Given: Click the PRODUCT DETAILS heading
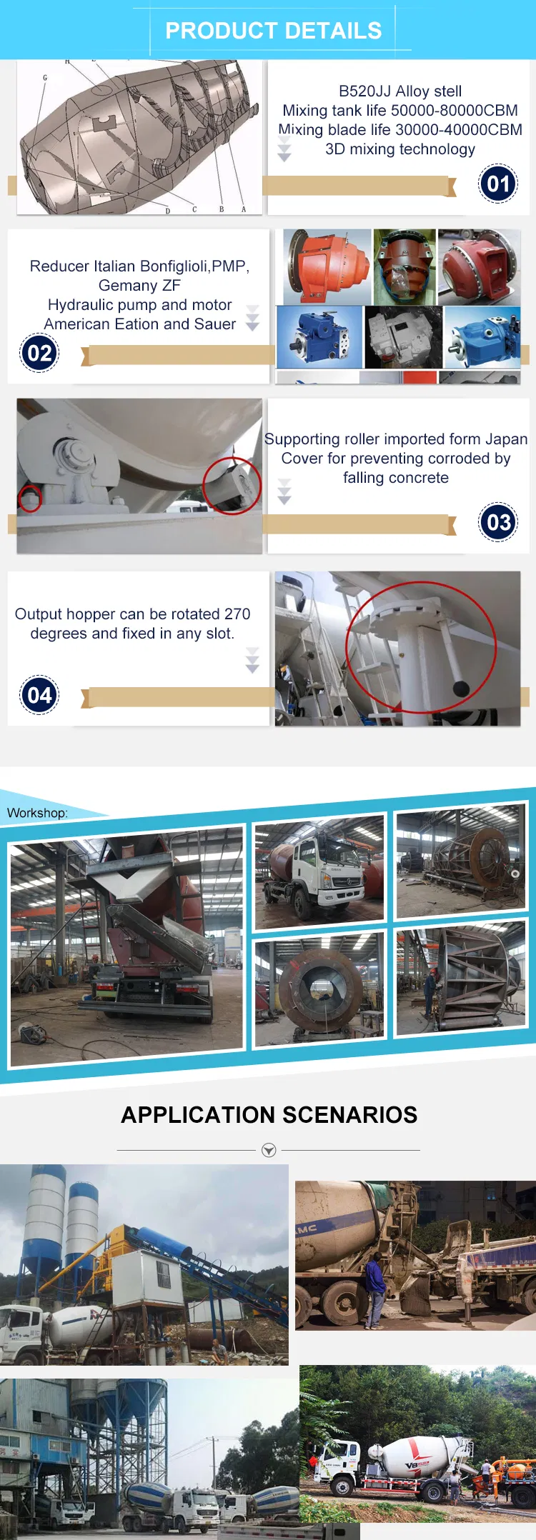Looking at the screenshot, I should pos(273,31).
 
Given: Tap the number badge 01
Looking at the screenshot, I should pos(498,184).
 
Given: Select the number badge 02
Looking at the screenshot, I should pos(39,354).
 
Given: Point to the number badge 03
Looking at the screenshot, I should pos(498,523).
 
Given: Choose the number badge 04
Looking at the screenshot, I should pos(39,695).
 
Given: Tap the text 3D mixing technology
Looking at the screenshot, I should pos(399,149).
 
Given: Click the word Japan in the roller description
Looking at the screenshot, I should pos(506,439).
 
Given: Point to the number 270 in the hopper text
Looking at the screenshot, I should pos(237,614).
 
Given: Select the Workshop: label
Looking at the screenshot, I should pos(37,813).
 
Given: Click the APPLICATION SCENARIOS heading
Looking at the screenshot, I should pos(269,1115).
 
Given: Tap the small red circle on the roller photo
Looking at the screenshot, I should pos(29,499).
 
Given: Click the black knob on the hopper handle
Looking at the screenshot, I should pos(461,689).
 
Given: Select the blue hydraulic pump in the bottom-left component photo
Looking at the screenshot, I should pos(318,337).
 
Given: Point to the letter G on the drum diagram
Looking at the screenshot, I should pos(45,78).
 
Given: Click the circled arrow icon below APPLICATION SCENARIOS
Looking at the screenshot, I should pos(269,1150).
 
